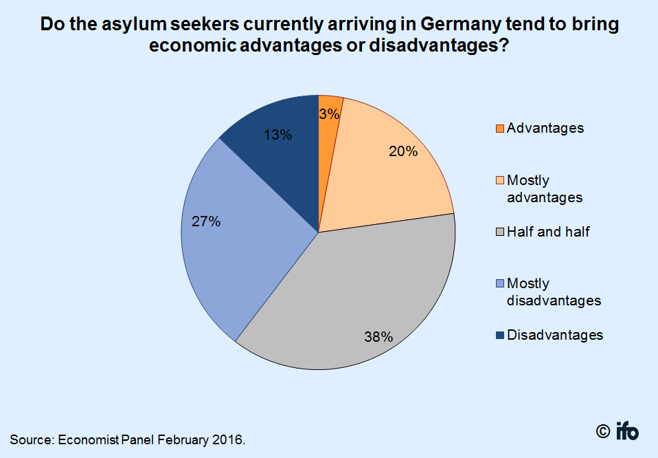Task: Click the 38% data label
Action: click(378, 337)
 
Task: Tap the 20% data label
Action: click(403, 152)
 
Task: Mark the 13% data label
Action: click(277, 135)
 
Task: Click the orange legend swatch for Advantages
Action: click(499, 129)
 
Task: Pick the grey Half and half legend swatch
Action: click(499, 232)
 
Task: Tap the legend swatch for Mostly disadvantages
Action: click(499, 284)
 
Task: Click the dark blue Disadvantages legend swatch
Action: click(499, 336)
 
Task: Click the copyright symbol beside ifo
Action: click(602, 432)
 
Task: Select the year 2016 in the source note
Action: click(226, 439)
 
